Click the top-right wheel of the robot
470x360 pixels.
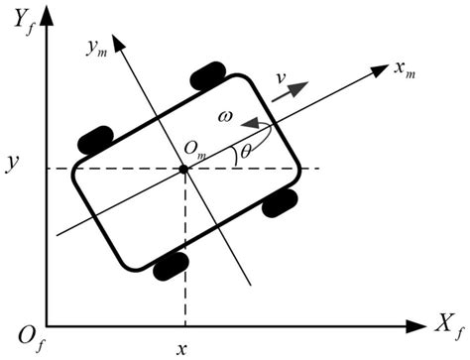coord(208,75)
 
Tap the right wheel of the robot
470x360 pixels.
coord(282,201)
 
